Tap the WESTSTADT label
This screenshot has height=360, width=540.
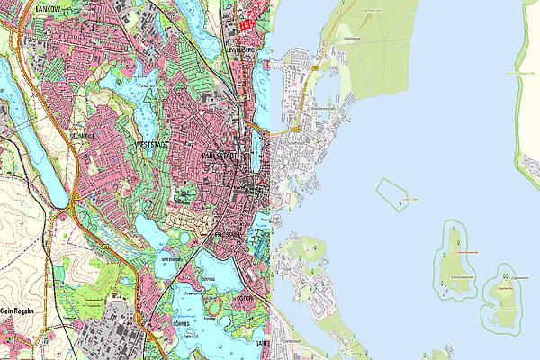(152, 143)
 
